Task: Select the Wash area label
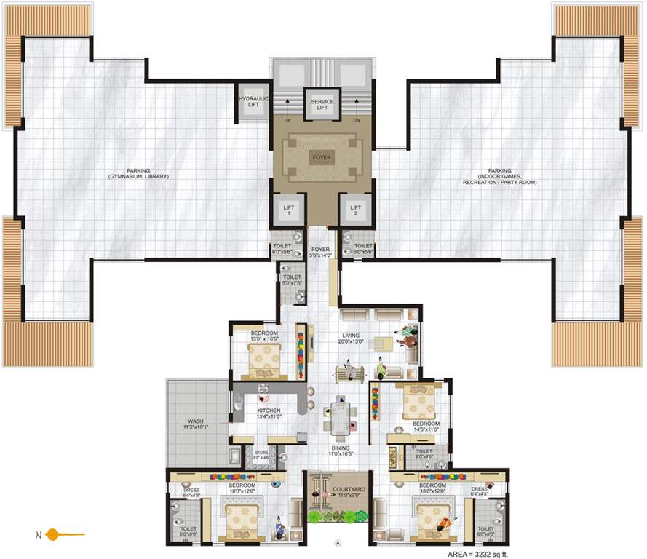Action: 195,424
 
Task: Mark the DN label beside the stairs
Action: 356,121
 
